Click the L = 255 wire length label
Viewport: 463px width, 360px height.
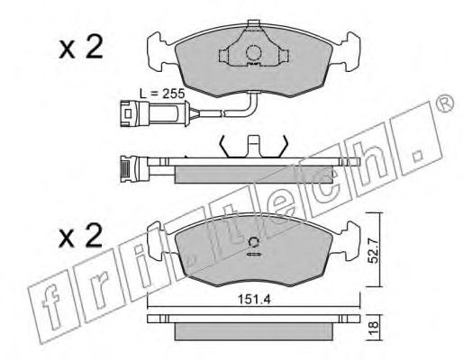pyautogui.click(x=162, y=94)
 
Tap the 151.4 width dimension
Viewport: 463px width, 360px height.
pyautogui.click(x=254, y=299)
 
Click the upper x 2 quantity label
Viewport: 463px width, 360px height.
pyautogui.click(x=81, y=48)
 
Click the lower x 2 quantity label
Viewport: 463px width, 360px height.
pyautogui.click(x=81, y=237)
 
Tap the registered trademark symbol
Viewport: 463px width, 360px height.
pyautogui.click(x=445, y=103)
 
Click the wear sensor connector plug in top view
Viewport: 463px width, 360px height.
pyautogui.click(x=134, y=113)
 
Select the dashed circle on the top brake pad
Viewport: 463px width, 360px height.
pyautogui.click(x=254, y=53)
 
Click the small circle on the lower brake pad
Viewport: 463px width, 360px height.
pyautogui.click(x=254, y=242)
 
